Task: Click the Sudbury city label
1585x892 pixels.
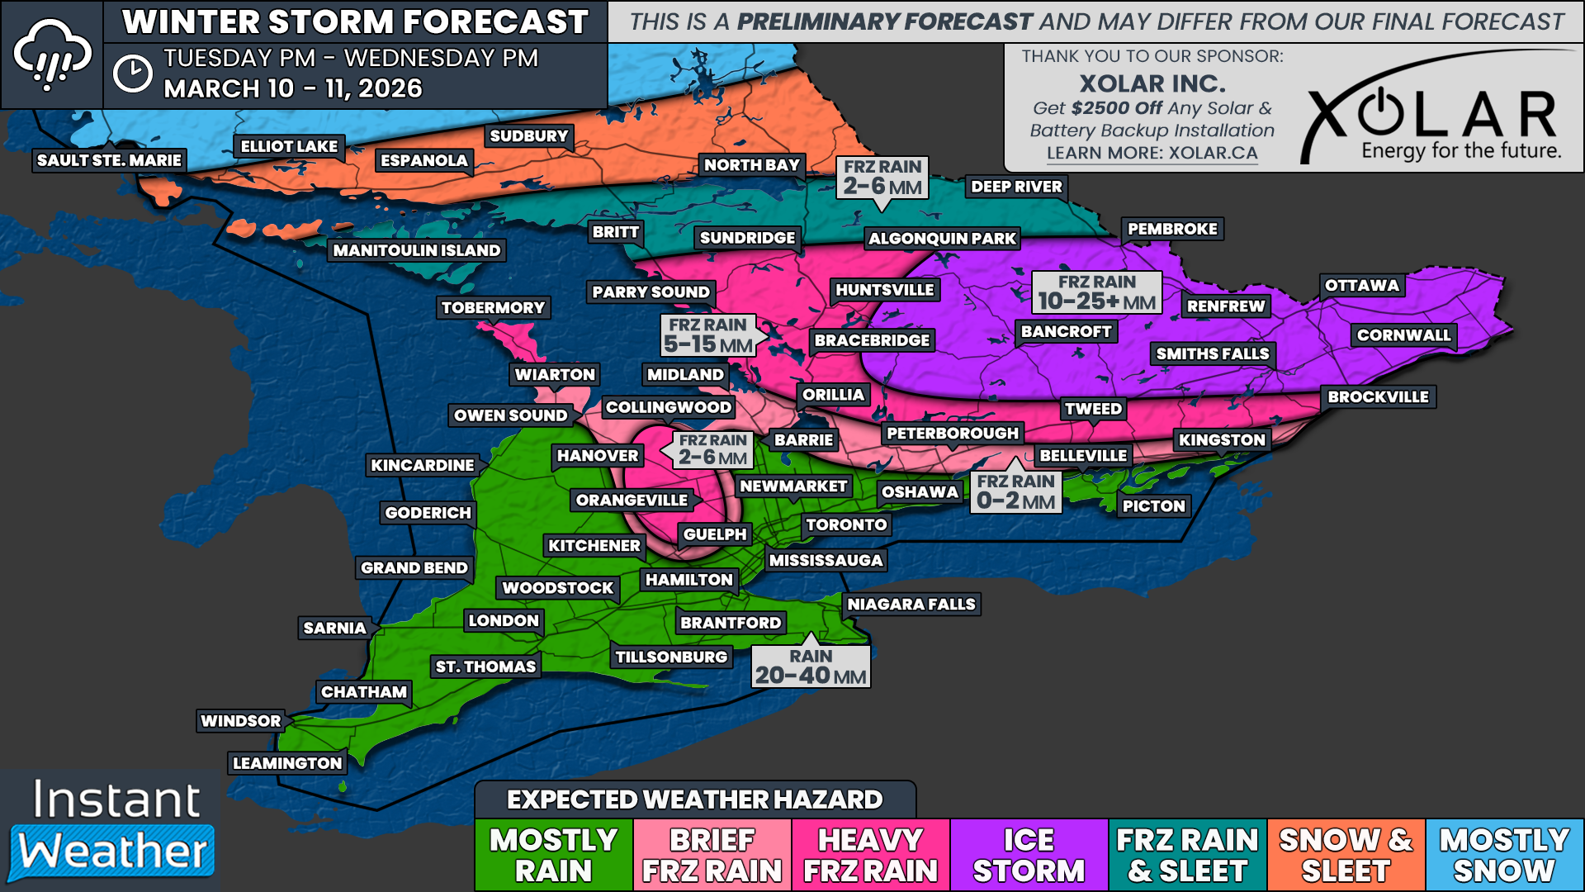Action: tap(528, 136)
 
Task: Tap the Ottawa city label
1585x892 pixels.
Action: tap(1361, 286)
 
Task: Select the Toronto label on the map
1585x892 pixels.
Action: tap(846, 524)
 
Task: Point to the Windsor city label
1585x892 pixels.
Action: tap(241, 721)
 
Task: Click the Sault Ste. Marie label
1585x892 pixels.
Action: tap(109, 160)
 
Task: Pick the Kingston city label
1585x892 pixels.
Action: tap(1222, 440)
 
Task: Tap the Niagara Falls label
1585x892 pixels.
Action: tap(911, 605)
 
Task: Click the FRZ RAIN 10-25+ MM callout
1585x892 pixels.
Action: tap(1096, 292)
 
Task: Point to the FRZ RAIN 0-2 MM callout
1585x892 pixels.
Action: tap(1015, 492)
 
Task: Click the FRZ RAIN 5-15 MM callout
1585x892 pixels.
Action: tap(708, 335)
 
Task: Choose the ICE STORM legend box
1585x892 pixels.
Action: tap(1029, 855)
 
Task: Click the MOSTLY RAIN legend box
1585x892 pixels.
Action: tap(553, 855)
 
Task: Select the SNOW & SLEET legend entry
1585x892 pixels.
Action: tap(1346, 855)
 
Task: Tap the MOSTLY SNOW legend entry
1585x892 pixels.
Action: tap(1504, 855)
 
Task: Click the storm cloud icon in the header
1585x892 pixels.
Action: tap(51, 55)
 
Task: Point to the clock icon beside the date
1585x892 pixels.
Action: tap(132, 74)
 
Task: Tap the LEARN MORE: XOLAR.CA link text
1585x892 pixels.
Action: tap(1152, 154)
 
